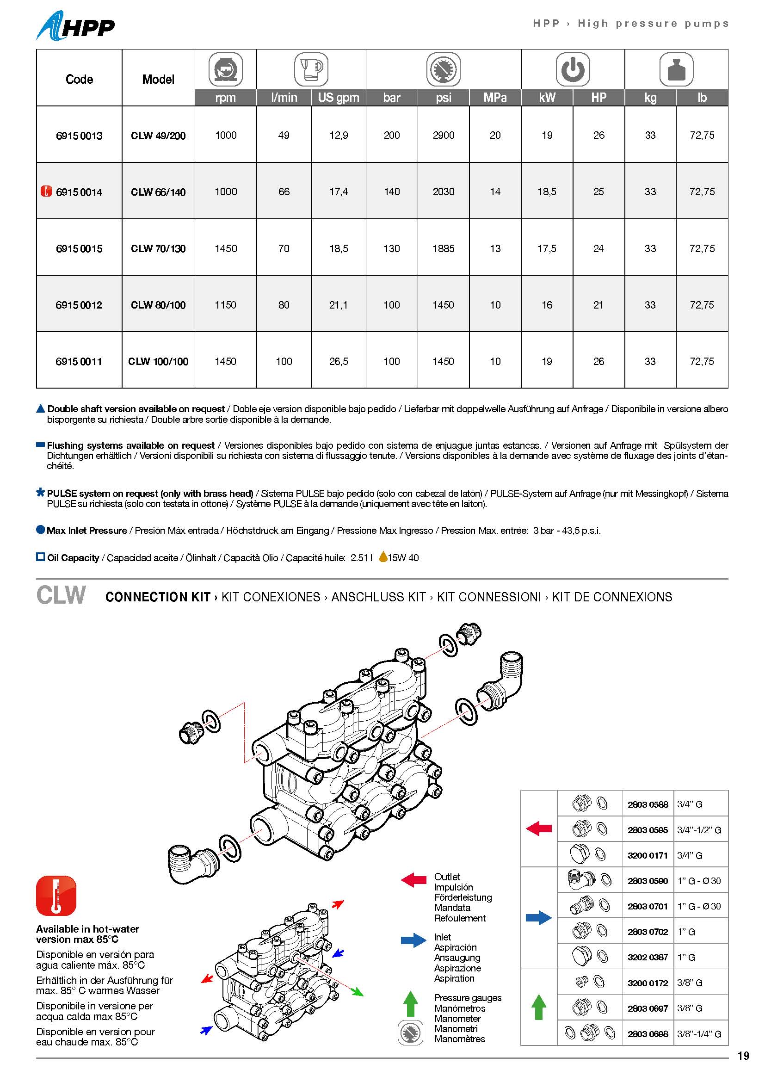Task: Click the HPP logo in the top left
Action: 75,26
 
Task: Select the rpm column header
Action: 226,98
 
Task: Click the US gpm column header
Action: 338,98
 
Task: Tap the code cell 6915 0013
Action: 79,136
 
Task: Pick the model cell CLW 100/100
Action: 158,361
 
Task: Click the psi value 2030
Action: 443,192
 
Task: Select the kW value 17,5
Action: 546,248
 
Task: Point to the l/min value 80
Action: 284,305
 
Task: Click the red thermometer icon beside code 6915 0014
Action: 46,192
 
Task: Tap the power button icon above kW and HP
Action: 572,69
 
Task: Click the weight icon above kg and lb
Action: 676,69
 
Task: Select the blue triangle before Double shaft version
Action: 41,408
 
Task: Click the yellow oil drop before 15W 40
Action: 383,557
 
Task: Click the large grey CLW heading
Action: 61,595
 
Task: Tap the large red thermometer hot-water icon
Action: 56,896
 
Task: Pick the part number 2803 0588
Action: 648,804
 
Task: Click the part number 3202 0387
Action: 648,957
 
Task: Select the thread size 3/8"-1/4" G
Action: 699,1034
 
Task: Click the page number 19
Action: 743,1056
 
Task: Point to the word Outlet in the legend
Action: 447,877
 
